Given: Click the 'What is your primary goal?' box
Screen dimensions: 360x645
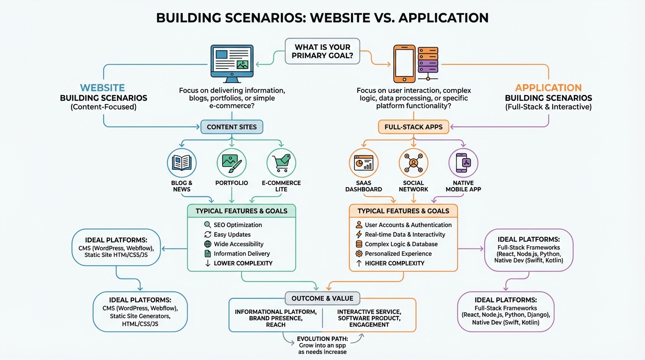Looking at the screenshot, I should coord(322,51).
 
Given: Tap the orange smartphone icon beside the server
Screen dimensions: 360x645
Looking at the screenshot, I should coord(404,64).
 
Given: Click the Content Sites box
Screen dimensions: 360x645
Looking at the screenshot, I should coord(232,127).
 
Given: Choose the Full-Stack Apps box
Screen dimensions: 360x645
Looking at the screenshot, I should coord(413,127).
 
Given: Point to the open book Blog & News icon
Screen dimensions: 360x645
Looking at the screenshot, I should coord(182,163).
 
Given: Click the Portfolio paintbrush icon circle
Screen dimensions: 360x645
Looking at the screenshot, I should coord(232,163).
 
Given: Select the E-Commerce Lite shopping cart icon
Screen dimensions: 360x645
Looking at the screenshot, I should coord(281,163).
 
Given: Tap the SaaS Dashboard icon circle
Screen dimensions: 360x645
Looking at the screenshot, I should coord(364,163).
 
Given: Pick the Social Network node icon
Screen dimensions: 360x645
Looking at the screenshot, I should coord(413,163).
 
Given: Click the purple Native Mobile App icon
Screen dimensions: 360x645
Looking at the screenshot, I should coord(463,163).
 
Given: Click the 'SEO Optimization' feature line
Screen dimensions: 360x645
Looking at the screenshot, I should coord(238,225).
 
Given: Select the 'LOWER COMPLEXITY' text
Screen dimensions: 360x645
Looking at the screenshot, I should coord(243,263).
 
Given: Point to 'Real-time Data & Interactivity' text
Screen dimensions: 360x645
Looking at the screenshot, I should coord(405,234).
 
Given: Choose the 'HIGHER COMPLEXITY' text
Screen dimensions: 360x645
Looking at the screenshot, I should coord(395,263).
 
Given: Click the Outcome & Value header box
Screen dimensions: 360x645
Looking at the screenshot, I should coord(322,298).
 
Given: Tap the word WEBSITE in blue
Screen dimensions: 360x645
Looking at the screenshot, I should coord(102,88).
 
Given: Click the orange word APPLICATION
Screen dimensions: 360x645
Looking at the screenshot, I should coord(548,88).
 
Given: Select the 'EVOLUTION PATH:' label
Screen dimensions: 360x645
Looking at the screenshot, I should coord(322,339).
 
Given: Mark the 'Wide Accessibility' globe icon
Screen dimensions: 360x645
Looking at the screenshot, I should coord(208,244).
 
